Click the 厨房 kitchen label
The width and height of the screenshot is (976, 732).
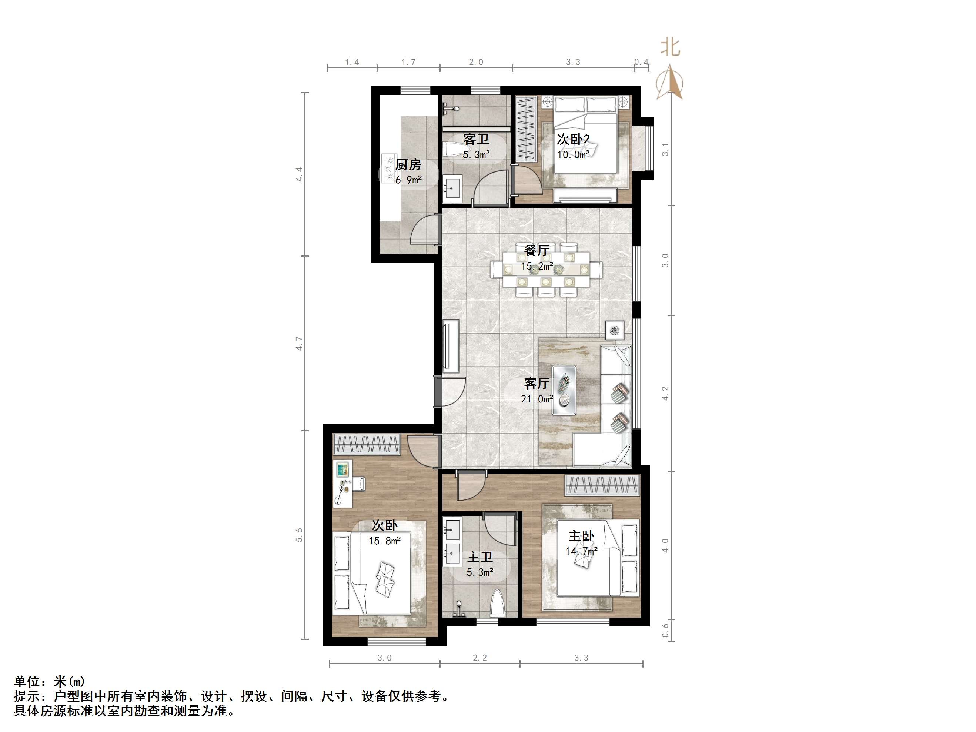pyautogui.click(x=408, y=164)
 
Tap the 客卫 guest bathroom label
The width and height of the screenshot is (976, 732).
pyautogui.click(x=476, y=140)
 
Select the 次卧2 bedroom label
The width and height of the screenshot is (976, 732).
pyautogui.click(x=573, y=140)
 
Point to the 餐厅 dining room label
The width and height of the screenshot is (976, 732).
pyautogui.click(x=537, y=251)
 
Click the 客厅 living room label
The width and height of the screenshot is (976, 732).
pyautogui.click(x=537, y=384)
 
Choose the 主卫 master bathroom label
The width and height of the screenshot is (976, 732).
pyautogui.click(x=479, y=557)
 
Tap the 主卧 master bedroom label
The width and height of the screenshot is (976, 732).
pyautogui.click(x=581, y=536)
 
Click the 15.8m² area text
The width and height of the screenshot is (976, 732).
pyautogui.click(x=385, y=541)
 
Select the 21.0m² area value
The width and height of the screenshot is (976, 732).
pyautogui.click(x=537, y=399)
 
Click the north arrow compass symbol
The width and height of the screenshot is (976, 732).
pyautogui.click(x=670, y=82)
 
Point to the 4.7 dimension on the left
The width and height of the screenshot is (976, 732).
pyautogui.click(x=299, y=343)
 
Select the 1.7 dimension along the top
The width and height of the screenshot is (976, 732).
pyautogui.click(x=408, y=62)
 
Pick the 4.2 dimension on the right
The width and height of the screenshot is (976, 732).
pyautogui.click(x=665, y=393)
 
